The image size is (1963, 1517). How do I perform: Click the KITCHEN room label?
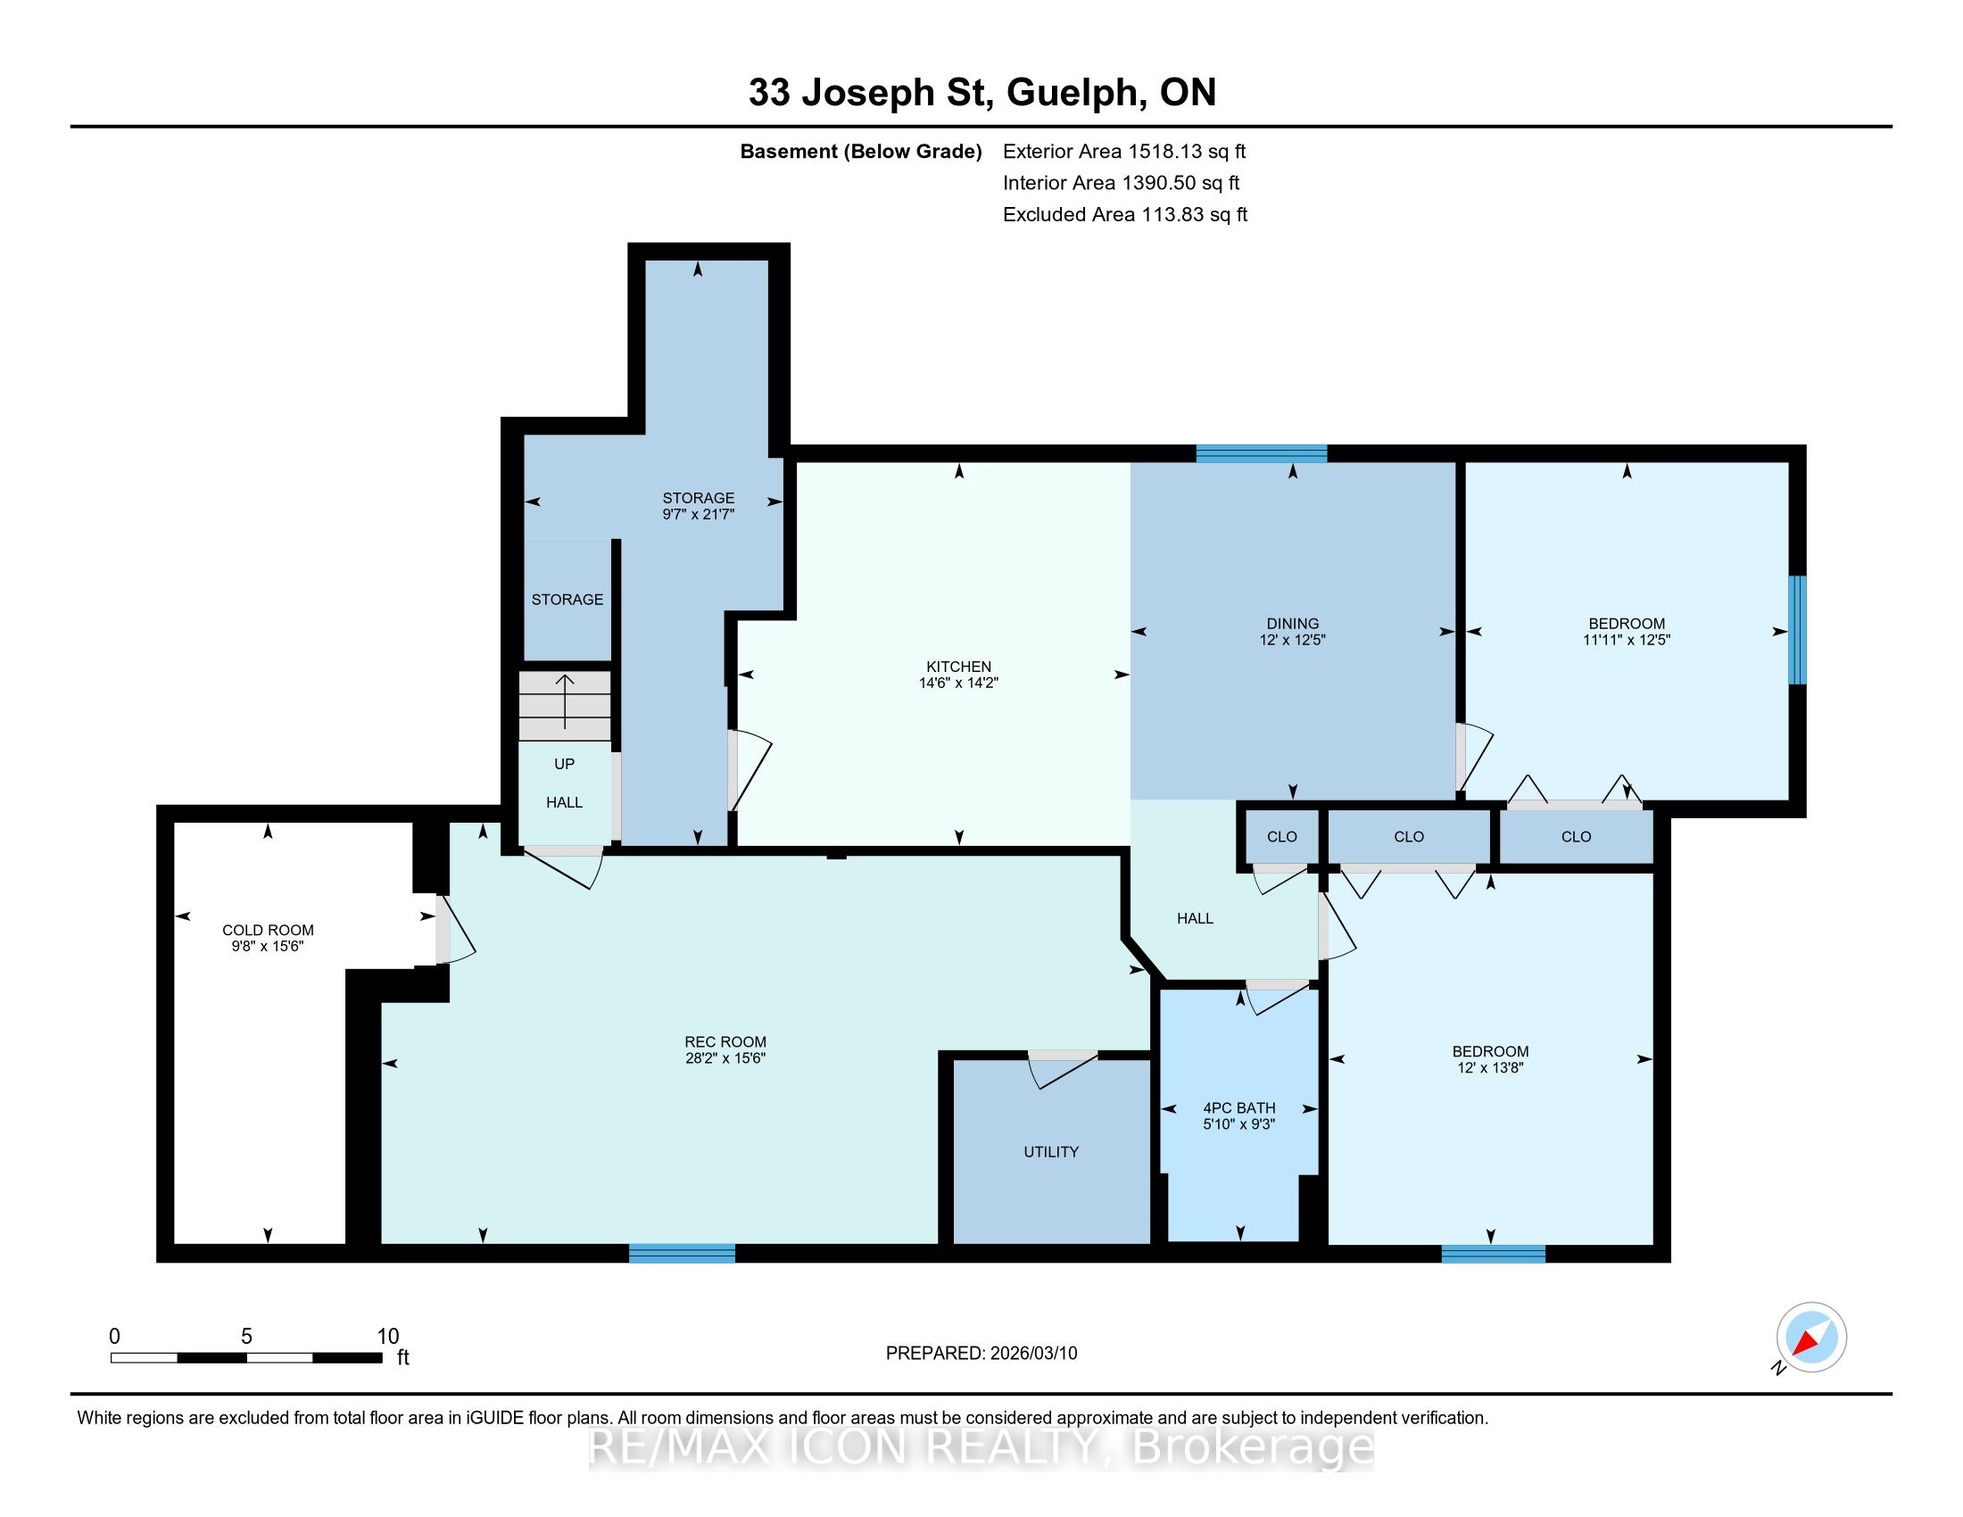tap(959, 667)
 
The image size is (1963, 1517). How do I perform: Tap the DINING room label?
tap(1293, 624)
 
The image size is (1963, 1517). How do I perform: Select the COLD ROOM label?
tap(268, 930)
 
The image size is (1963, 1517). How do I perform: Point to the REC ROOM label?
tap(725, 1042)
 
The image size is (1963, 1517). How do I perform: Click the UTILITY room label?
tap(1051, 1152)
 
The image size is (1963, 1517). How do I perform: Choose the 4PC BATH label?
tap(1239, 1108)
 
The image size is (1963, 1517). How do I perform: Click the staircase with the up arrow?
tap(565, 706)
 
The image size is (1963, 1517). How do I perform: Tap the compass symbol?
tap(1811, 1338)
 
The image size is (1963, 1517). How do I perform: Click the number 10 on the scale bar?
tap(387, 1337)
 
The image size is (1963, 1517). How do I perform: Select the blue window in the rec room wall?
tap(683, 1253)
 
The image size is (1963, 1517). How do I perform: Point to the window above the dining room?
tap(1261, 453)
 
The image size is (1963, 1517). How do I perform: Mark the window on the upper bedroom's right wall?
tap(1797, 630)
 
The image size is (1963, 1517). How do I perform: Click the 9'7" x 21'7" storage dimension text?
tap(699, 515)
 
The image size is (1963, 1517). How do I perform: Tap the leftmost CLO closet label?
tap(1281, 837)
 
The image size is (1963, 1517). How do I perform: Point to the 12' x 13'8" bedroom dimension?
tap(1490, 1067)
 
